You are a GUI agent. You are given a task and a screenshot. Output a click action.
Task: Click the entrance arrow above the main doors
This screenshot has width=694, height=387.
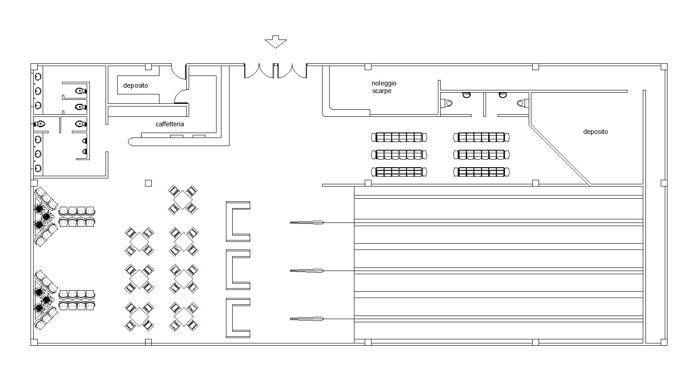coord(275,42)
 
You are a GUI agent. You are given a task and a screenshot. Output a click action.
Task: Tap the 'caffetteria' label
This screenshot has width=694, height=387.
coord(170,124)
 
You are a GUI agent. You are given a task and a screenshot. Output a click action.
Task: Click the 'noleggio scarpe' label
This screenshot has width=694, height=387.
coord(384,87)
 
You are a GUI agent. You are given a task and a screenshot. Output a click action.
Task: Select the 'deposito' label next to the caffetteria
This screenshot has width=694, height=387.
coord(136,85)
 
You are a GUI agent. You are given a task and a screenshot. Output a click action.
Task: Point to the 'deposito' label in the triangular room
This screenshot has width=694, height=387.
coord(595,132)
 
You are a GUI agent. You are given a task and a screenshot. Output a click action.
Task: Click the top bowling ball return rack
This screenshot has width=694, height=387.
coord(307,222)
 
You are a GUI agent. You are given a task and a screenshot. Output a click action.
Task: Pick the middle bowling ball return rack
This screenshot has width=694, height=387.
coord(307,271)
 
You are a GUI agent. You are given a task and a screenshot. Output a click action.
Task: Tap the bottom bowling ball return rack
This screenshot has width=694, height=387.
coord(307,319)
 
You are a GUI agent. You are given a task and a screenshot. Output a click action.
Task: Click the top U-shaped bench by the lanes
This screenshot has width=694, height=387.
coord(237,222)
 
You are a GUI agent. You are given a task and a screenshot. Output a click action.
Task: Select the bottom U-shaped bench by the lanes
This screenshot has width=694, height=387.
coord(237,318)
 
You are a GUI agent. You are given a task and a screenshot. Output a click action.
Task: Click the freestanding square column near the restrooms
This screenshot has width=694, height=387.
coord(148,183)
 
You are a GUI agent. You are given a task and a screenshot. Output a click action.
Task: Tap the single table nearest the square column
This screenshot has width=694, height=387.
coord(183,200)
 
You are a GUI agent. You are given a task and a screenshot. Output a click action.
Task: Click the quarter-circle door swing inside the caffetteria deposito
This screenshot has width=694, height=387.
coord(180,95)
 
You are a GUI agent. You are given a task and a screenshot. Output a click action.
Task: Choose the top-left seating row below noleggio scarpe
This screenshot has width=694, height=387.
coord(399,137)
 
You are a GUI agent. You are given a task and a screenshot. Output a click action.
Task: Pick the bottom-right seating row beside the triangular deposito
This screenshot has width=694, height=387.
coord(481,172)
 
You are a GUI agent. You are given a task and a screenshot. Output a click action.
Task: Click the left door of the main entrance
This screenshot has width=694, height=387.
coord(259,71)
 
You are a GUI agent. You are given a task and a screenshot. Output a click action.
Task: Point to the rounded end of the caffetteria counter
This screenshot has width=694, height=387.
coord(131,142)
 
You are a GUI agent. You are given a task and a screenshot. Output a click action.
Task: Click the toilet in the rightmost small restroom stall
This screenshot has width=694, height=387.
coord(521,103)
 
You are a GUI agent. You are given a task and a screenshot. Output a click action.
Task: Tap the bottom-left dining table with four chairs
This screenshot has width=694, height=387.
coord(139,316)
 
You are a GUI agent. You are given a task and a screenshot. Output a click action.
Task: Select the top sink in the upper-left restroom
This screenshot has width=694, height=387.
coord(38,76)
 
